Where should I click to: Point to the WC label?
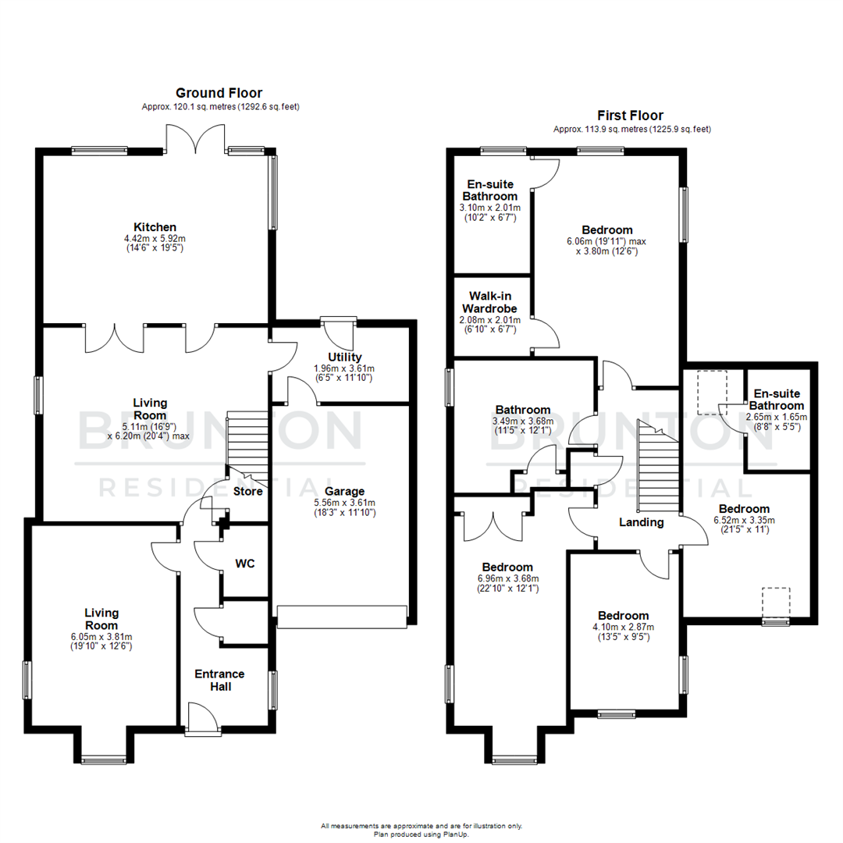244,563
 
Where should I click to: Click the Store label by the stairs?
247,491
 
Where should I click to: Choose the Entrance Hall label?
219,680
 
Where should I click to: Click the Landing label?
642,522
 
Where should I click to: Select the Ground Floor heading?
219,92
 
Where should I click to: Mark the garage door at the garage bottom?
342,617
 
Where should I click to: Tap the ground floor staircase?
247,448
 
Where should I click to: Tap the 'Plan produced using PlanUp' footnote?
421,833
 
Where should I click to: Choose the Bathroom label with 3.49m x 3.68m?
523,409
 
